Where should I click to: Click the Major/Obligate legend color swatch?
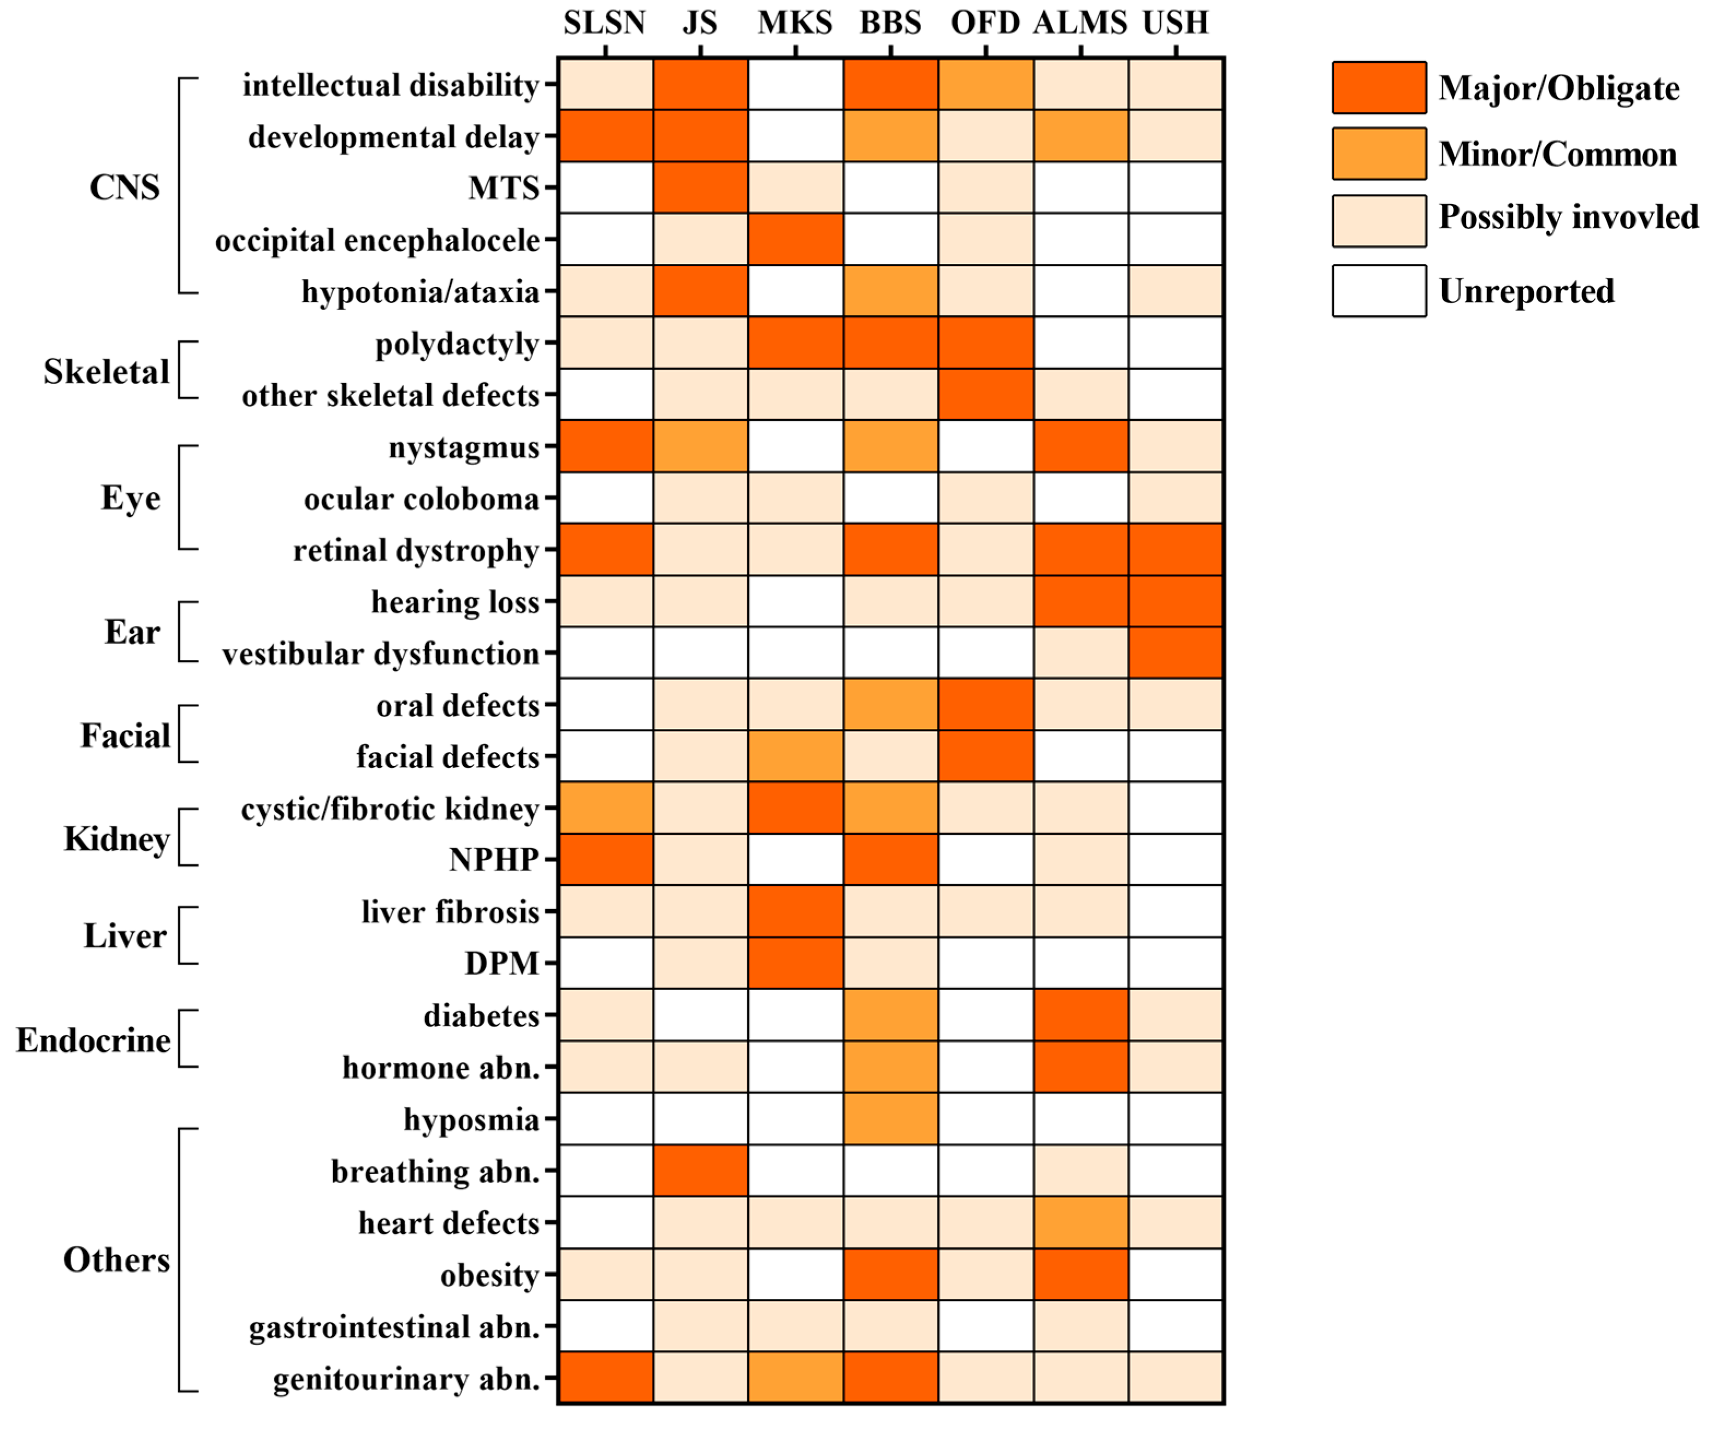1379,87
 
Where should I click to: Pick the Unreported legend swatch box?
1379,291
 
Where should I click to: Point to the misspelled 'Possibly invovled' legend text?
1568,217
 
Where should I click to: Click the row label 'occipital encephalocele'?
377,240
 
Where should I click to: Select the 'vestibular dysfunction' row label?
380,653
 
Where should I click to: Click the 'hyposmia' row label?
471,1120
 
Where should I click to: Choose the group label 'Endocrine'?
93,1040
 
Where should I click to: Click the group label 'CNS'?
124,187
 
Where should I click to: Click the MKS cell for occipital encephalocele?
795,239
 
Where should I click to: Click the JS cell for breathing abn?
700,1170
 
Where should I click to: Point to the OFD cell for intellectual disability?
985,84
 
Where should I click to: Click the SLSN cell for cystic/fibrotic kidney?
605,808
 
